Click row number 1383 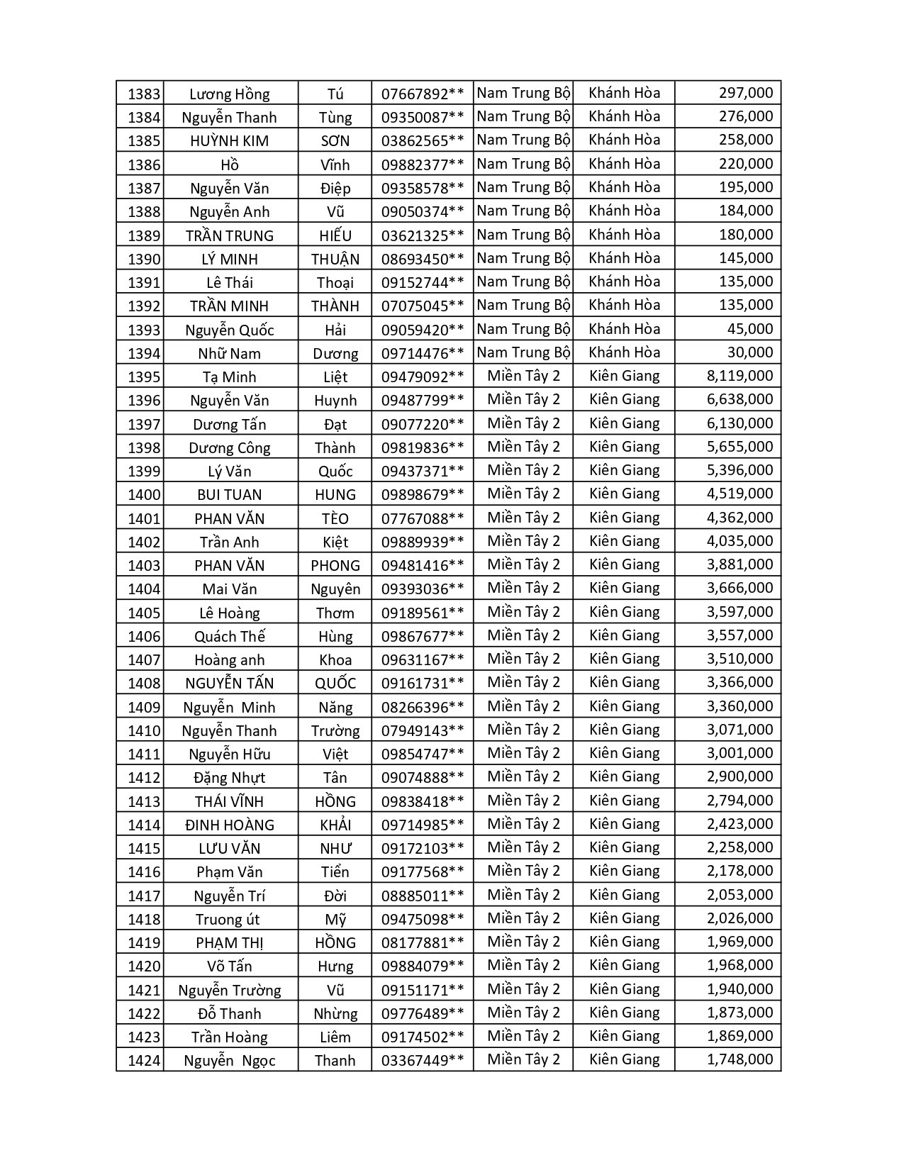144,94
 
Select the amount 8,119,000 740,376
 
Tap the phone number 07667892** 423,94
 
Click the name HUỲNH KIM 229,140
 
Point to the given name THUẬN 335,259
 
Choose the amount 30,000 750,352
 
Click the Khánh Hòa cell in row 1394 624,352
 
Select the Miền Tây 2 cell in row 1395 523,376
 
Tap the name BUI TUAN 229,494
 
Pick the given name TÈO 335,518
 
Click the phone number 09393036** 423,589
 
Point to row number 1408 144,683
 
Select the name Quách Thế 229,636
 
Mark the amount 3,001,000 740,753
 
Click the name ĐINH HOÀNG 229,825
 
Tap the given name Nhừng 335,1013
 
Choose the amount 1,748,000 740,1059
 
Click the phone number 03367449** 423,1060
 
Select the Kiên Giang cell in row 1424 624,1059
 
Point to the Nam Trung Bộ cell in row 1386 523,164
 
